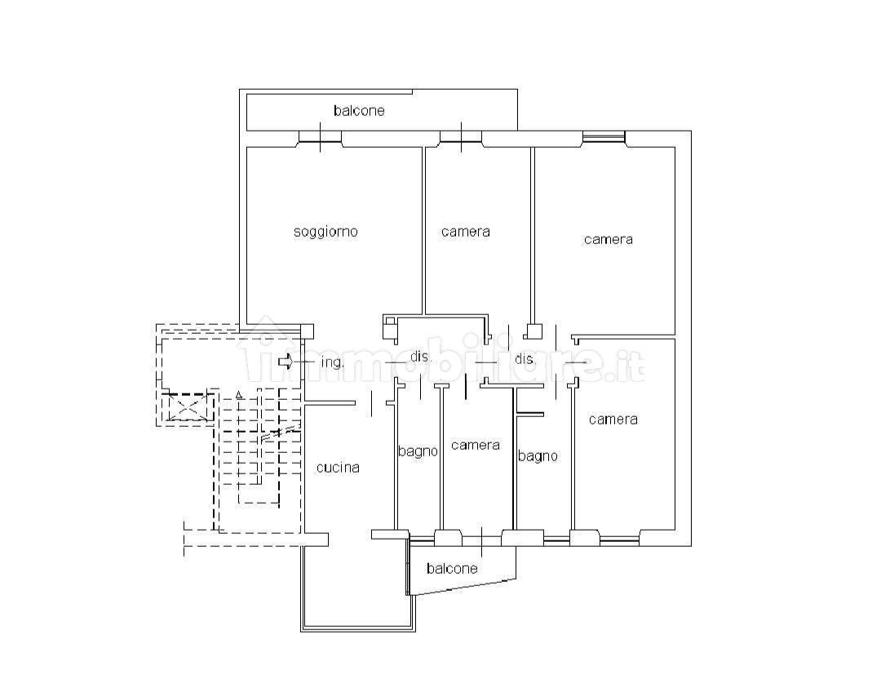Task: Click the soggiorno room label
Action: (x=325, y=232)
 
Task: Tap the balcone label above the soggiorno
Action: (x=358, y=110)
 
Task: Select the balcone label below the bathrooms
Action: (x=451, y=568)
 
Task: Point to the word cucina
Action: (x=338, y=468)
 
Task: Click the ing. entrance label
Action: (x=331, y=362)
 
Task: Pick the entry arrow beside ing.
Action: (x=285, y=361)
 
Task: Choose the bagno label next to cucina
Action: (x=418, y=451)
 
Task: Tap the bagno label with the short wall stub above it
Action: (x=538, y=456)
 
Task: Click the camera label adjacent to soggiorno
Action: (x=466, y=232)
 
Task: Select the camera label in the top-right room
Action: (x=608, y=239)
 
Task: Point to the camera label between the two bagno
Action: (x=475, y=445)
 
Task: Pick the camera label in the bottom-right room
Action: (x=613, y=420)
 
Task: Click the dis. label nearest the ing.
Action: (x=420, y=357)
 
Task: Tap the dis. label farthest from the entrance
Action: (x=525, y=359)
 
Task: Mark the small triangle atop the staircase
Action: (x=238, y=396)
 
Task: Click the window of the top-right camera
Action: (x=604, y=137)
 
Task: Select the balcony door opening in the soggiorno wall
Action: (x=320, y=139)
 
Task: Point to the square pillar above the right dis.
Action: (x=533, y=331)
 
